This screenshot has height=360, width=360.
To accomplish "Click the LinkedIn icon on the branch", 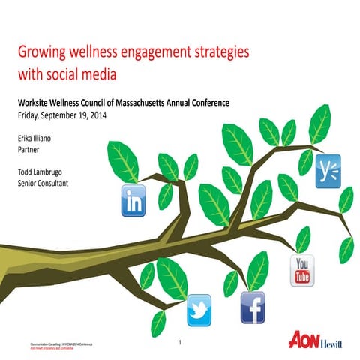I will click(x=135, y=200).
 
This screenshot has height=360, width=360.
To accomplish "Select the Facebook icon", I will click(x=253, y=308).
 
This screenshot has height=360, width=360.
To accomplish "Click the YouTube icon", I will click(x=303, y=270).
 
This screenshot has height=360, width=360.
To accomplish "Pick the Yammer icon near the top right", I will click(x=328, y=170).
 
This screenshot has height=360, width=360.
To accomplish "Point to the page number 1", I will click(x=181, y=342).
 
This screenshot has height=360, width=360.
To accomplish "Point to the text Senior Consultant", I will click(x=43, y=182).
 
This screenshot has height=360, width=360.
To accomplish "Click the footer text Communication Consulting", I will click(x=46, y=341).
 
